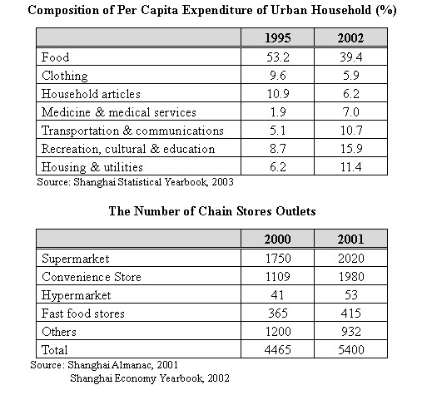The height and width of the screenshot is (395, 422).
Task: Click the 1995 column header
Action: [x=278, y=38]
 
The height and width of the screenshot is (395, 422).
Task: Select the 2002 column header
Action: [x=350, y=38]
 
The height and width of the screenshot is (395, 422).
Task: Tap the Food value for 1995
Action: [x=278, y=57]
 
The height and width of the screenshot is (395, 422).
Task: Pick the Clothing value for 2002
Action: [x=351, y=76]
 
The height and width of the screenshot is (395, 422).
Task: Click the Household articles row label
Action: [x=91, y=94]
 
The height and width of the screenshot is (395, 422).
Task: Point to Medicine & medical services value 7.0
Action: [x=351, y=112]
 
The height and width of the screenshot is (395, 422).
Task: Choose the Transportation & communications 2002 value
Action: [x=351, y=131]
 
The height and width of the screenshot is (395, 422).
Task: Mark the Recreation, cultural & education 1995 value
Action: [x=278, y=149]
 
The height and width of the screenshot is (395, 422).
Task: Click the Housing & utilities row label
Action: [x=92, y=167]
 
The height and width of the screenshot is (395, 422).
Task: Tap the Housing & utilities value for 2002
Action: [x=351, y=167]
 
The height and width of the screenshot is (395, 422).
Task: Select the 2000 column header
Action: [x=277, y=239]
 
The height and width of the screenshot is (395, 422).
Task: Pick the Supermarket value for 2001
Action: [x=351, y=259]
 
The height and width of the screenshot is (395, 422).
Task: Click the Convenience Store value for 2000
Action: [x=278, y=277]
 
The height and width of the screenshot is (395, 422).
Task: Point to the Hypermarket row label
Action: [x=76, y=295]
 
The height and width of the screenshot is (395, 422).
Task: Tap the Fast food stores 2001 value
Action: [x=351, y=314]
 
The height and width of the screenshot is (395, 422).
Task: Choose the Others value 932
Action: [x=351, y=332]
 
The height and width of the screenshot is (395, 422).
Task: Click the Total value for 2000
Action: [x=278, y=350]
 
